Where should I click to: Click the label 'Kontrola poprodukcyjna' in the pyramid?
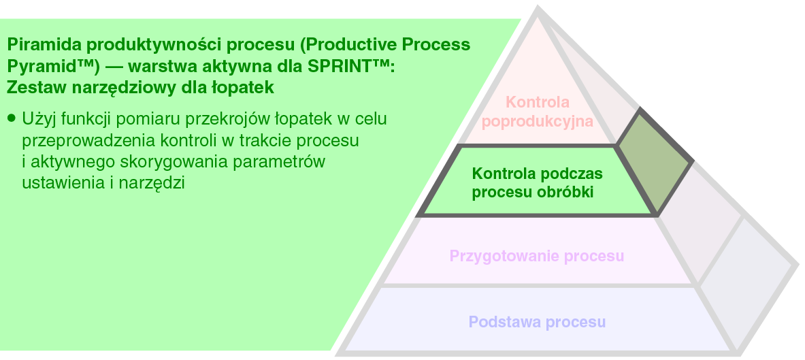pos(537,112)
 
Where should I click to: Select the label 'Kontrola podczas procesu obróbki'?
pos(537,183)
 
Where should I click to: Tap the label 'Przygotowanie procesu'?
pos(537,257)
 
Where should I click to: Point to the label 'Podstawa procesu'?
pos(537,321)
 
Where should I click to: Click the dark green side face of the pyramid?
pos(655,160)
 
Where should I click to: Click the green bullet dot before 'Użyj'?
pos(11,118)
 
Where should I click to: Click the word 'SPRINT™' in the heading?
pos(348,67)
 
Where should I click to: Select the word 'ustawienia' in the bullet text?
pos(53,183)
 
